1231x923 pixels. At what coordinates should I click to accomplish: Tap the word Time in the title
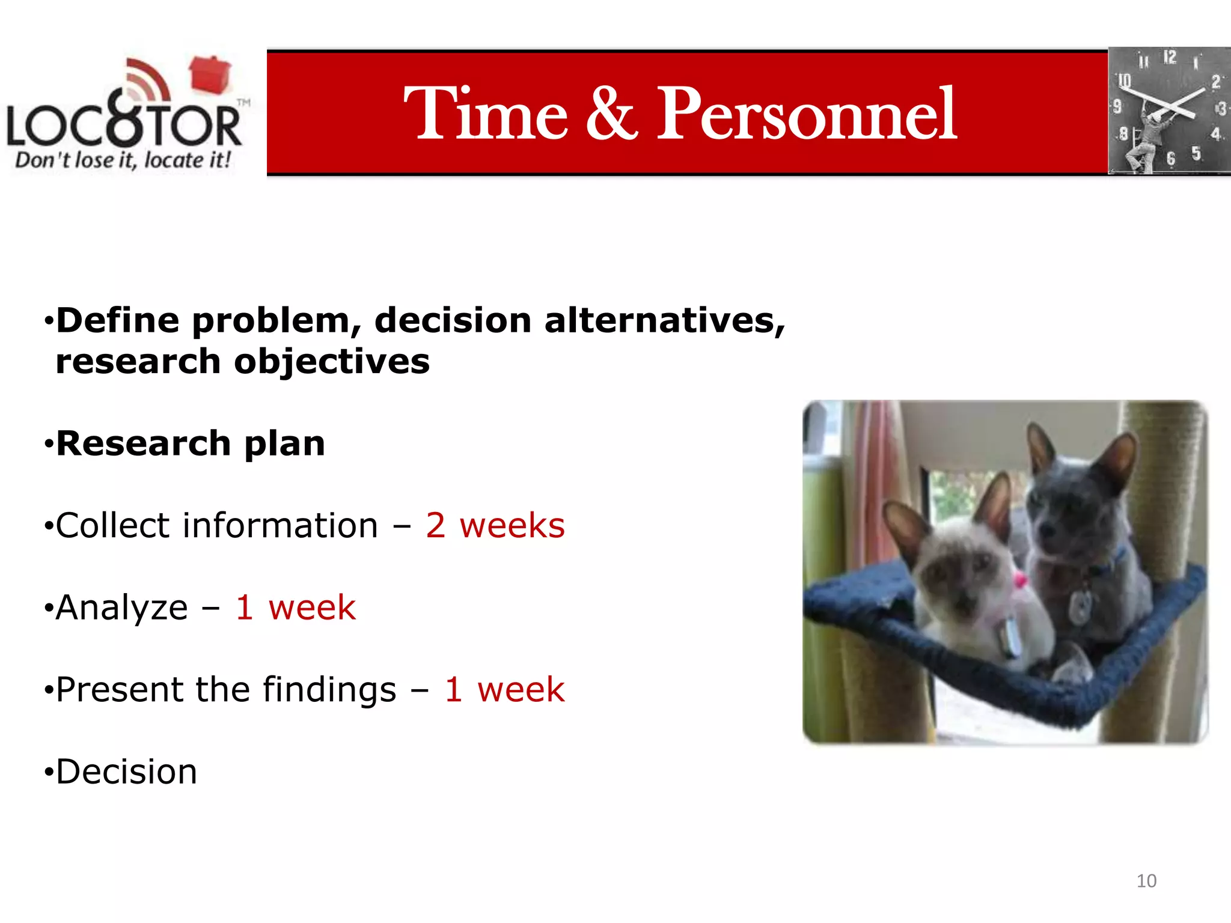(486, 114)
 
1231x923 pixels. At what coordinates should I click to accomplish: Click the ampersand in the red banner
(611, 114)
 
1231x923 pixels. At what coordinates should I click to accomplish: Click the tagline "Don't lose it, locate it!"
(123, 160)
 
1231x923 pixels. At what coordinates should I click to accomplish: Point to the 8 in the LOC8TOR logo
(125, 120)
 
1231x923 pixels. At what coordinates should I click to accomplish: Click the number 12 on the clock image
(1169, 58)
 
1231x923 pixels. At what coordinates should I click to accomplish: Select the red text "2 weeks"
(495, 526)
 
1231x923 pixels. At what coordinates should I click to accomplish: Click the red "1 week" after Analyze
(296, 608)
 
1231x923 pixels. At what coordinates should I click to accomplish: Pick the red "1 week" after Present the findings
(504, 689)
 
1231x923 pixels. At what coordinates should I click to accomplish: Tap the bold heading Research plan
(191, 443)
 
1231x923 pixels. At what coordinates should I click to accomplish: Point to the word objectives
(332, 362)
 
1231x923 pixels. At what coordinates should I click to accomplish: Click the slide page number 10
(1146, 881)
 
